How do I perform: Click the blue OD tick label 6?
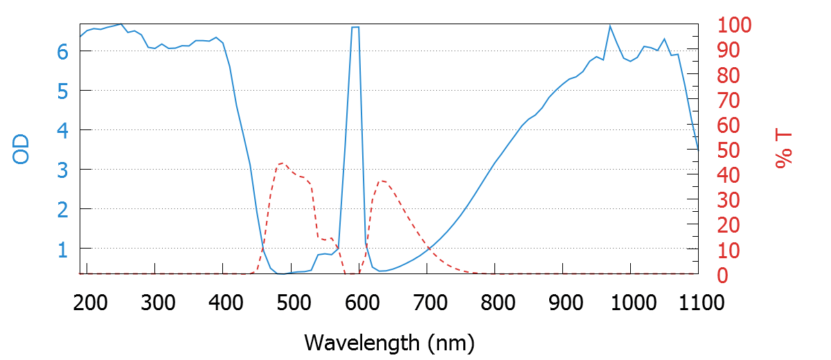(62, 51)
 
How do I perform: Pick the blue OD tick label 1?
(62, 249)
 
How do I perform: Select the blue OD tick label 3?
(62, 170)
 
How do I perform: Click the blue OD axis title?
(22, 150)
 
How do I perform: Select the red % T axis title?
(784, 150)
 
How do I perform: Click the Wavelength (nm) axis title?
(389, 342)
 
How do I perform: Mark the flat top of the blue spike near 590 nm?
(355, 28)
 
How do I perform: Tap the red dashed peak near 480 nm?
(281, 163)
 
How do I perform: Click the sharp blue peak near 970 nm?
(610, 26)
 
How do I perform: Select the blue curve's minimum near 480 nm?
(280, 273)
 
